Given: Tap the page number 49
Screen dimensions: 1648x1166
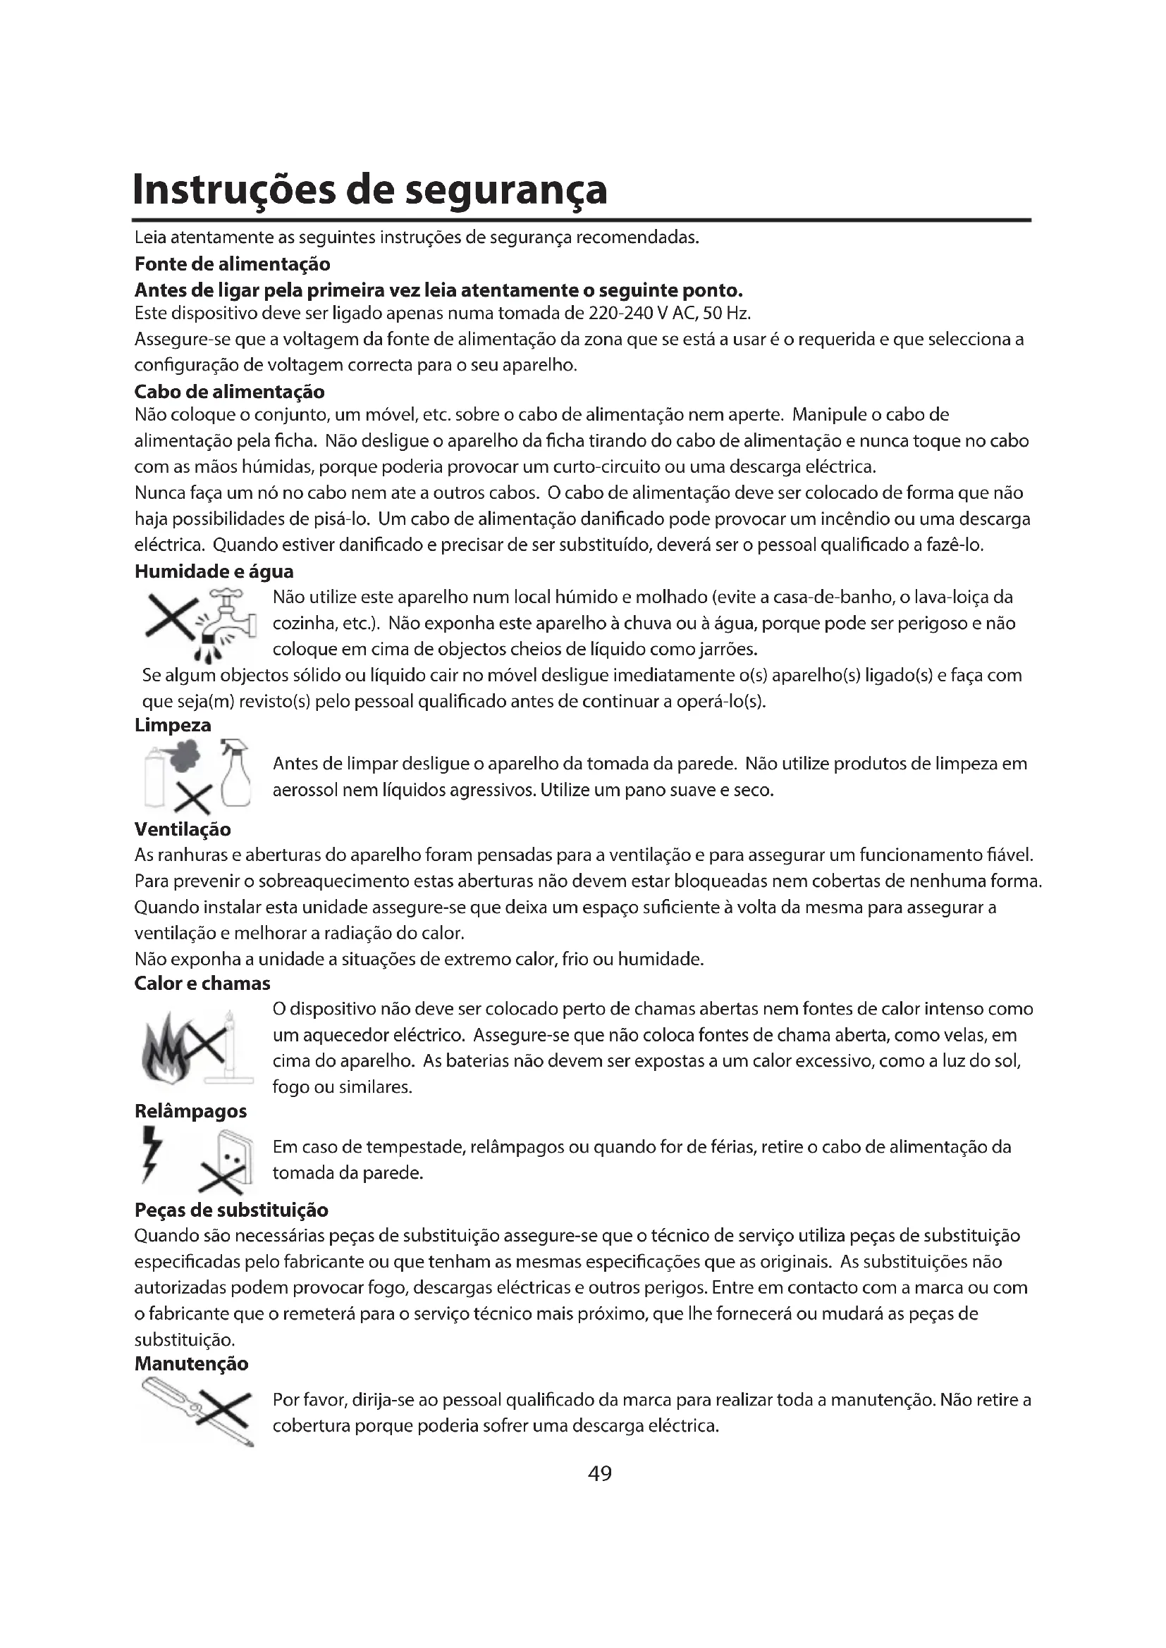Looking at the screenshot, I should [x=599, y=1473].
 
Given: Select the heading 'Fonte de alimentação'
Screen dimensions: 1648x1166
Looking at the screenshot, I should [x=232, y=264].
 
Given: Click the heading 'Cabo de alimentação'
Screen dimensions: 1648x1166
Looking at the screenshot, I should [x=229, y=392].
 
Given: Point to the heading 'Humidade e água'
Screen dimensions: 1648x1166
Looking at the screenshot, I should [x=214, y=571].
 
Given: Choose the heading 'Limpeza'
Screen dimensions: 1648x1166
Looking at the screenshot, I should [x=173, y=725].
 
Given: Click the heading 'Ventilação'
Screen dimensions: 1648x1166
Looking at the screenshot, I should [x=183, y=829].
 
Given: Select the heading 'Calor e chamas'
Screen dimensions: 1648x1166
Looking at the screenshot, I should [x=202, y=983].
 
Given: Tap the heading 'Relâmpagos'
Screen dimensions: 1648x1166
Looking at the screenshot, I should [x=190, y=1111].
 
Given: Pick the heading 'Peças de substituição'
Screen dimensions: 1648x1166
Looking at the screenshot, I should [x=231, y=1210].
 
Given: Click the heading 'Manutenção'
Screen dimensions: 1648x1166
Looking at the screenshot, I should [x=191, y=1363].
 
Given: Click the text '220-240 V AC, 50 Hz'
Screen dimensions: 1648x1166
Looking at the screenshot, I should [x=668, y=314].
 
